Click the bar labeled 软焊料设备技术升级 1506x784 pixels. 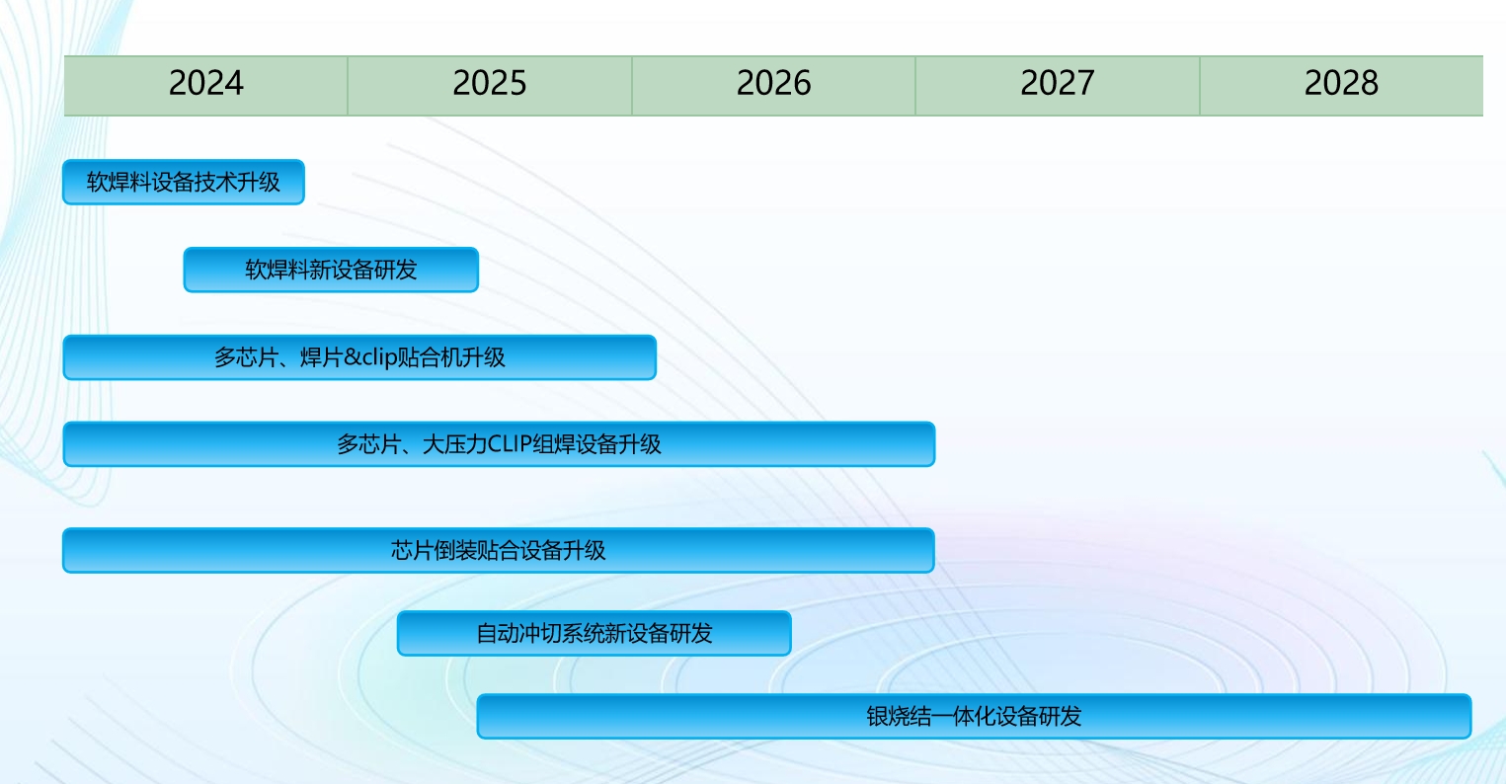(184, 182)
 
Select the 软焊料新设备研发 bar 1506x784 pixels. (331, 270)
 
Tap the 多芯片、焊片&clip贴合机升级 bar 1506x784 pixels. (359, 357)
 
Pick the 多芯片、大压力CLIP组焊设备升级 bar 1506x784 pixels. (499, 443)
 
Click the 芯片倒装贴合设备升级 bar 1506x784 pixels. (499, 550)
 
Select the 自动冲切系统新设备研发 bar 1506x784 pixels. (594, 633)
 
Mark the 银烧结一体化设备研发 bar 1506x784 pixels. (974, 716)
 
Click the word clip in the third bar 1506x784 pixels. (379, 357)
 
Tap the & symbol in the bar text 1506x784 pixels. (353, 357)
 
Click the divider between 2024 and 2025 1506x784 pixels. (348, 85)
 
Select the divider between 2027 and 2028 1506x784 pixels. (1200, 85)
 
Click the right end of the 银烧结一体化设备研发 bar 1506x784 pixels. (1471, 716)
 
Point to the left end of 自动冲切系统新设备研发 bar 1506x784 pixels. (398, 633)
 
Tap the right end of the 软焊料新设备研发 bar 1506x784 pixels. (477, 270)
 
